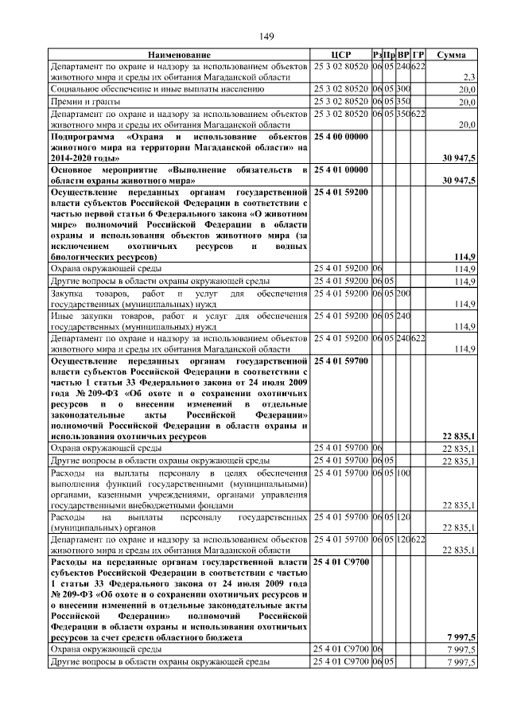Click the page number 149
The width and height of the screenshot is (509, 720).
pyautogui.click(x=266, y=37)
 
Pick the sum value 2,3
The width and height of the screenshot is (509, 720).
pyautogui.click(x=468, y=77)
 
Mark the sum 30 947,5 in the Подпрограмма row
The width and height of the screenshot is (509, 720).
pyautogui.click(x=459, y=158)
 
